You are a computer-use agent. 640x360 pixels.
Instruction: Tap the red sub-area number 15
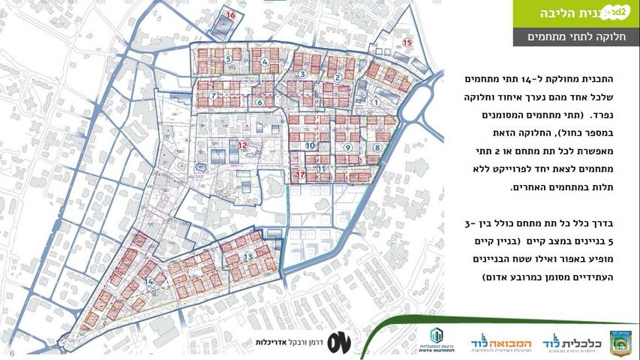click(407, 43)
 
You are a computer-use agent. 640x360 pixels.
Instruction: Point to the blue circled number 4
click(265, 62)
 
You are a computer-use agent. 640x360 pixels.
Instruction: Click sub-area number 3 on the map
click(302, 73)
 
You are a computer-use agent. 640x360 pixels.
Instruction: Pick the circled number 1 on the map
click(375, 103)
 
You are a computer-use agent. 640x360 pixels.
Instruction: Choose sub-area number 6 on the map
click(260, 103)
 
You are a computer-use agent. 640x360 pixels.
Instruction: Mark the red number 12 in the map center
click(242, 145)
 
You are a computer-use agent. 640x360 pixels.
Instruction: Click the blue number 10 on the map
click(310, 144)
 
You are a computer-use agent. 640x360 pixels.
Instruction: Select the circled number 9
click(347, 148)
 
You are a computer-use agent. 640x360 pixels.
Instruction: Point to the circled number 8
click(377, 148)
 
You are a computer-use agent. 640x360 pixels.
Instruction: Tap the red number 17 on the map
click(301, 175)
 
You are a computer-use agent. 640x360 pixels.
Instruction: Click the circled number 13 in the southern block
click(248, 256)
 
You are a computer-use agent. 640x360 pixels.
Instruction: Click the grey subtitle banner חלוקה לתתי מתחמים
click(576, 37)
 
